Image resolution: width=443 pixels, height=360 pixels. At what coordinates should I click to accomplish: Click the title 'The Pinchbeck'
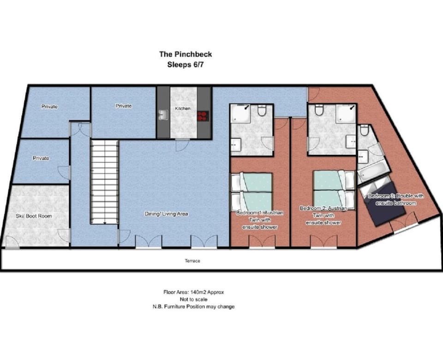(x=186, y=54)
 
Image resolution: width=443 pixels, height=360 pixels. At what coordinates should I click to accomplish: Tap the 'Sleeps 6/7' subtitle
(x=185, y=65)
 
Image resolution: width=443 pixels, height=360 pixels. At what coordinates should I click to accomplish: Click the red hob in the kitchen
(x=203, y=115)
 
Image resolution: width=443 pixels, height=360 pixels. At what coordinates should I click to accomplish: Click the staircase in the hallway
(x=105, y=182)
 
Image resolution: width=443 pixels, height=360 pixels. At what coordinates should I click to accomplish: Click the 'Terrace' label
(x=192, y=261)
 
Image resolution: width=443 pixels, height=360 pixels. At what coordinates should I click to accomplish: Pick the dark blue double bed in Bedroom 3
(x=383, y=203)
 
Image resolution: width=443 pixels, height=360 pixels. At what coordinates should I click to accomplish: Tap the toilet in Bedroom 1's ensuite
(x=262, y=111)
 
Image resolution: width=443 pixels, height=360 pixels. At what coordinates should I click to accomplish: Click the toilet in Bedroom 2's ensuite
(x=319, y=111)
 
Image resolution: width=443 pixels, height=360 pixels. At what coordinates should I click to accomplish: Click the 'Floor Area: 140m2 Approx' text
(x=193, y=292)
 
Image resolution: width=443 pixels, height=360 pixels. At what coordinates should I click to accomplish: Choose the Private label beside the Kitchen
(x=123, y=106)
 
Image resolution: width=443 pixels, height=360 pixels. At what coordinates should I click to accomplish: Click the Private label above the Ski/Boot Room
(x=41, y=158)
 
